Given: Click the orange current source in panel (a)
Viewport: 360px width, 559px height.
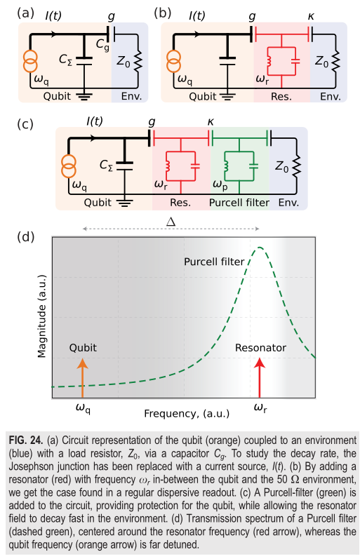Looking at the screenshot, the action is (x=30, y=61).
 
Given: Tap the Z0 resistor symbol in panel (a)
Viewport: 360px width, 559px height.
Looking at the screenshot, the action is (x=138, y=62).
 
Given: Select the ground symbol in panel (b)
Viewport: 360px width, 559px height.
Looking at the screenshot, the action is (x=227, y=96).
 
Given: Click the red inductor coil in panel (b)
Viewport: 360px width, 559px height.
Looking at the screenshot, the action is (x=269, y=61).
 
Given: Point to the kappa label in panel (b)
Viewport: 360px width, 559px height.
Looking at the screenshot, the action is (x=311, y=16).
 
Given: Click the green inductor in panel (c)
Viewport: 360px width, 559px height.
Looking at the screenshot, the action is (x=226, y=166).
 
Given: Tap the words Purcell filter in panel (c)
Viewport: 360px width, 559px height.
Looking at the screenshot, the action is (x=239, y=203).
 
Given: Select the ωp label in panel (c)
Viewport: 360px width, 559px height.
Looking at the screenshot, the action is (x=220, y=184).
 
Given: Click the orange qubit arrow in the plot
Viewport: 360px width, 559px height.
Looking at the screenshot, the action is (x=82, y=378).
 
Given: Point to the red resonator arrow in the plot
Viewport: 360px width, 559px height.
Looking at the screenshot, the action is (x=260, y=378).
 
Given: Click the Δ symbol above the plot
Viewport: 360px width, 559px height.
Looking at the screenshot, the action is (x=171, y=222).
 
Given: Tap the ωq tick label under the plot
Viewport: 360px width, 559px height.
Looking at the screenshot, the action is (x=83, y=409).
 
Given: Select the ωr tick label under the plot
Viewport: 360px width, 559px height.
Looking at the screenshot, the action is (x=260, y=408).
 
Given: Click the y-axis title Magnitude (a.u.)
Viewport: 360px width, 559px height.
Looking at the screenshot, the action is (x=42, y=316).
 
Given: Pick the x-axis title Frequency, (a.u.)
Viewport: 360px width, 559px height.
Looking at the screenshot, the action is (x=187, y=414).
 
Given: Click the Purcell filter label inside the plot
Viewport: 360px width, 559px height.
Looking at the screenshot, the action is (x=214, y=262).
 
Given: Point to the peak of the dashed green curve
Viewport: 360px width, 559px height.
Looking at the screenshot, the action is (x=260, y=247).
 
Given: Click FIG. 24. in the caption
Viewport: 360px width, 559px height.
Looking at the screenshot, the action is (x=26, y=440).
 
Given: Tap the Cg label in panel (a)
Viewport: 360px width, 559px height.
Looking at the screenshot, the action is (x=102, y=45).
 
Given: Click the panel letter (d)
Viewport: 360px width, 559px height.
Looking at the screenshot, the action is (x=25, y=237).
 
